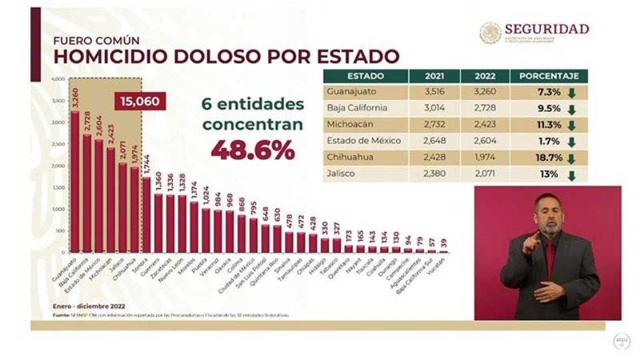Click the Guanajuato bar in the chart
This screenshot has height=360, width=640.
tap(75, 180)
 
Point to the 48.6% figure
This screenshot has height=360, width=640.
tap(253, 149)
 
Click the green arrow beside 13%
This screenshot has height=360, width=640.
tap(571, 176)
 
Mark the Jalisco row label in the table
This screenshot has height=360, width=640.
tap(341, 175)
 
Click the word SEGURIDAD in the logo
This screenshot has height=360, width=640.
tap(547, 29)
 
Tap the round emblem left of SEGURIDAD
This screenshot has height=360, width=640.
tap(490, 33)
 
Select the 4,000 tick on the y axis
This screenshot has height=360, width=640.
tap(57, 79)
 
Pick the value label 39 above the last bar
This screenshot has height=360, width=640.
tap(444, 243)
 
